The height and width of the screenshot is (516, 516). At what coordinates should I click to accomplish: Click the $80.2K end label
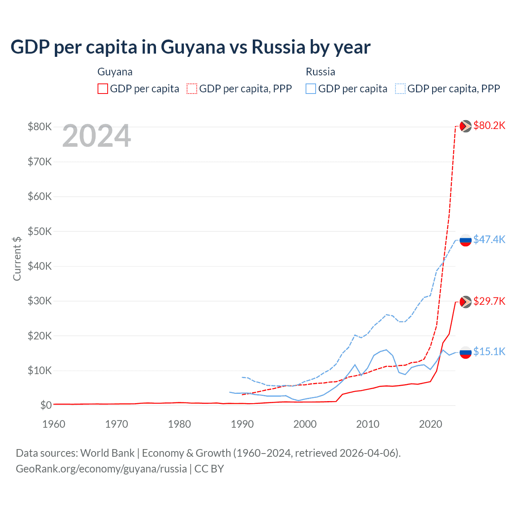[x=489, y=125]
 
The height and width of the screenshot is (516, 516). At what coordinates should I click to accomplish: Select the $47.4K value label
[x=489, y=239]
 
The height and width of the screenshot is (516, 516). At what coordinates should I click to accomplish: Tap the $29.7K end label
[x=489, y=301]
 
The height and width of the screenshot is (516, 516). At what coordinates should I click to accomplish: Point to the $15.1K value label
[x=489, y=352]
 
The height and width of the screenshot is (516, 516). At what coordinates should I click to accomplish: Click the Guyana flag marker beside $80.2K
[x=466, y=126]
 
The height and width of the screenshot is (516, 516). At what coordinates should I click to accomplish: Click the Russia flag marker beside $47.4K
[x=466, y=240]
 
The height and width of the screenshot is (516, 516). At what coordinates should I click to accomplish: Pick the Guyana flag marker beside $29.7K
[x=466, y=302]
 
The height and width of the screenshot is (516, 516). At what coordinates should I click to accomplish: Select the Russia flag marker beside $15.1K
[x=466, y=352]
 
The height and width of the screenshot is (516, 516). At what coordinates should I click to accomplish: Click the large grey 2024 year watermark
[x=96, y=136]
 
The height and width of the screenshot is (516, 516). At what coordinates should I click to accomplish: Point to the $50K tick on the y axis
[x=40, y=231]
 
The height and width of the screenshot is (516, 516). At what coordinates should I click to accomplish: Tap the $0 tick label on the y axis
[x=46, y=405]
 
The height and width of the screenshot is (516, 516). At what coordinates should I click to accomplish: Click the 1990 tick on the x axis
[x=242, y=424]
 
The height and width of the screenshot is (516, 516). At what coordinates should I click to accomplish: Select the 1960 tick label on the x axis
[x=54, y=424]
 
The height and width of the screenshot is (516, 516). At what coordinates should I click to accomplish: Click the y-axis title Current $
[x=17, y=258]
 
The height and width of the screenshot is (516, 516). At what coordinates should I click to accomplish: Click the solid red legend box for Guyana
[x=103, y=89]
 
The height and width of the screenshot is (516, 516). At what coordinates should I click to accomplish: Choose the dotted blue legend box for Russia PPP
[x=400, y=89]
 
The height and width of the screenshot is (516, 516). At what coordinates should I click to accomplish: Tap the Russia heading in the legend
[x=320, y=72]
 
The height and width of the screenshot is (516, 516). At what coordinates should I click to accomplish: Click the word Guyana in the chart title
[x=193, y=47]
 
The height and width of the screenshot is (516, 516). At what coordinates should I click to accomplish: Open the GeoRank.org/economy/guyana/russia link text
[x=101, y=469]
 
